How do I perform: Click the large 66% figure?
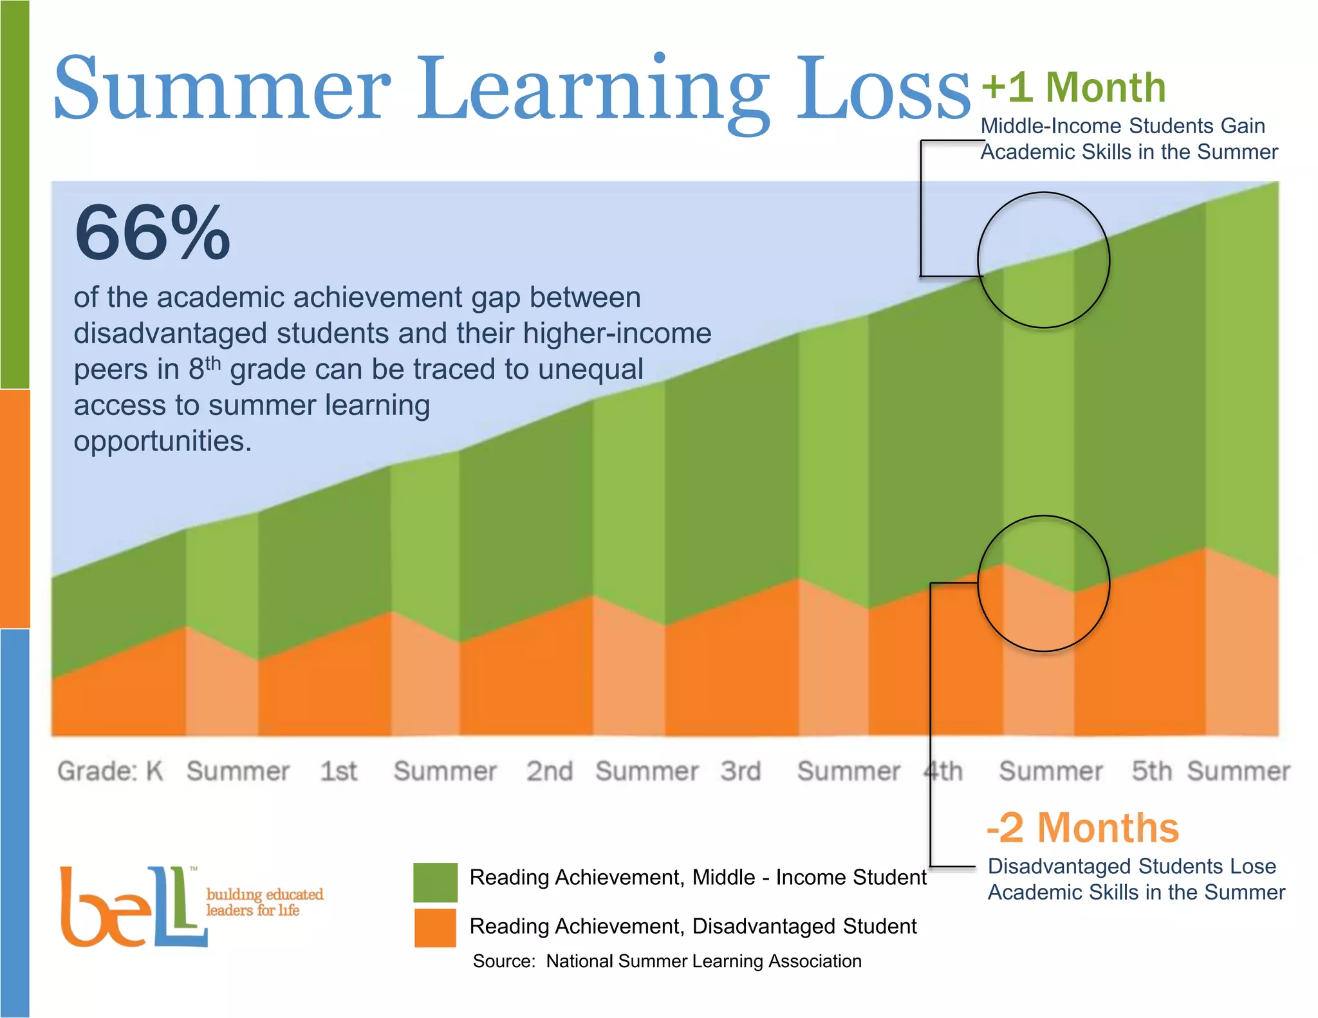[153, 233]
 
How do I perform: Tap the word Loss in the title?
[883, 88]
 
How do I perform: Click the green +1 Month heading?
[1074, 88]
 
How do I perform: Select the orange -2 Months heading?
[1082, 828]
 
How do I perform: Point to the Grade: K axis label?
[110, 771]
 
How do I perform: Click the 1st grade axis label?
[339, 771]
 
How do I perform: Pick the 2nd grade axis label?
[550, 771]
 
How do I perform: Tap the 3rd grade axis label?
[741, 771]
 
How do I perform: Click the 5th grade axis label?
[1151, 771]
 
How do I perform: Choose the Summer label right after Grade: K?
[238, 771]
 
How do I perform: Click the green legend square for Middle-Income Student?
[435, 882]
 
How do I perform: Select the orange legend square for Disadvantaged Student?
[435, 927]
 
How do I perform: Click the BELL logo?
[132, 907]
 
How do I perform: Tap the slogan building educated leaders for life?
[264, 902]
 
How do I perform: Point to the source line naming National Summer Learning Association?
[667, 961]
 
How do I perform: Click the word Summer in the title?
[223, 88]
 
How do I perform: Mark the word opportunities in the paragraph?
[162, 441]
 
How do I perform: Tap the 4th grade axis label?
[943, 771]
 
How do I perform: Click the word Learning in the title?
[593, 90]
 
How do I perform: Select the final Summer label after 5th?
[1239, 771]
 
